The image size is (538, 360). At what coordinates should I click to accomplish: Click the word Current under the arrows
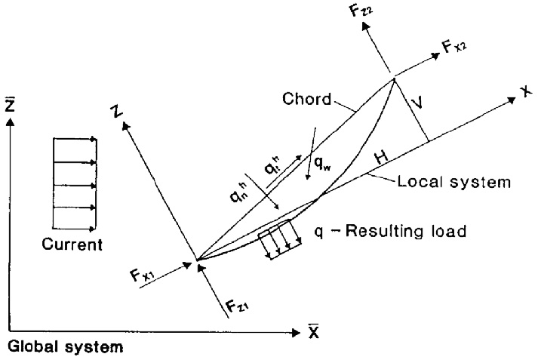point(72,245)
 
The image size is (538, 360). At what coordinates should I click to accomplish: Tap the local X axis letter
point(522,89)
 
